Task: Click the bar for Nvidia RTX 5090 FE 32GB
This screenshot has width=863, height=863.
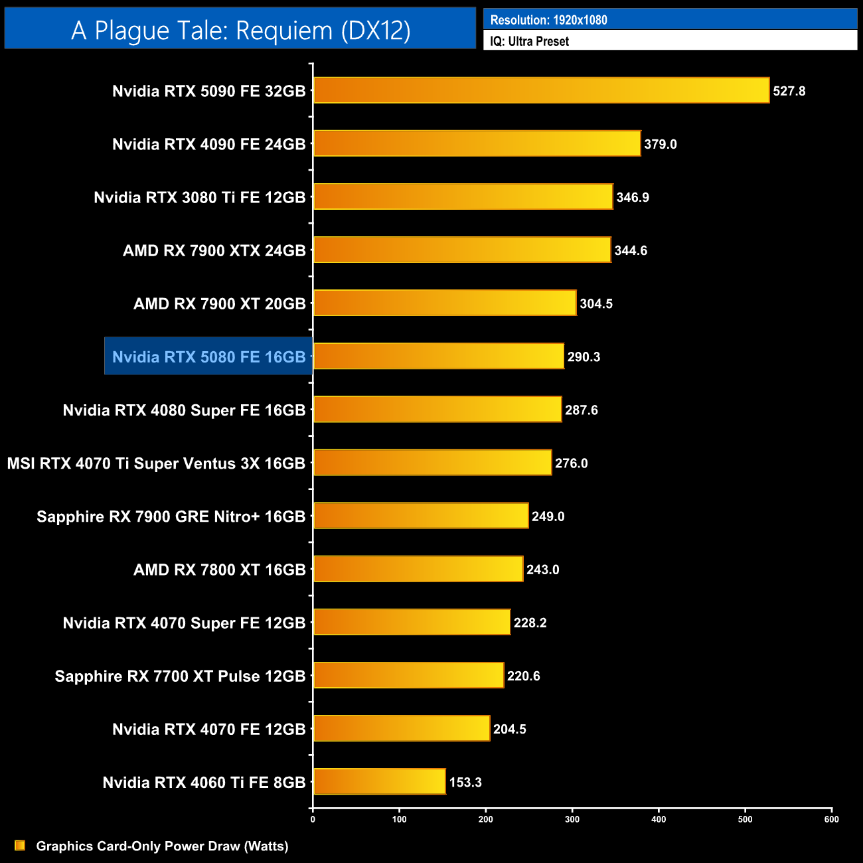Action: point(541,90)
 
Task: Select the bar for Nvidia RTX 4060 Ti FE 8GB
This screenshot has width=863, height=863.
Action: point(379,781)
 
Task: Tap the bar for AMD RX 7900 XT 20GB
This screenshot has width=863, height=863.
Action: point(445,303)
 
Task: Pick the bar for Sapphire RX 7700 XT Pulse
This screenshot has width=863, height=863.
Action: point(408,675)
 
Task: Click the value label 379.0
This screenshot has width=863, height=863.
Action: point(661,144)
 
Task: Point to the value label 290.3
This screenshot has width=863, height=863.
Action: point(584,356)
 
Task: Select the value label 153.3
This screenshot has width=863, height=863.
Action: point(465,782)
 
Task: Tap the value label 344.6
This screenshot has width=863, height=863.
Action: point(631,250)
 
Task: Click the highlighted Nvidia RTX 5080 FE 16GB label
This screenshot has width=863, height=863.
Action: point(208,356)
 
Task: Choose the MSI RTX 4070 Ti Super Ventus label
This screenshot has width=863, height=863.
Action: point(156,463)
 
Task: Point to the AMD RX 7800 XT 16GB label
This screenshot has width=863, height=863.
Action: point(219,570)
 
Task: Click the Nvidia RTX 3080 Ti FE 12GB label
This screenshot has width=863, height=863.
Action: point(199,197)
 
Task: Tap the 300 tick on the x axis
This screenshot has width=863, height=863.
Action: point(572,819)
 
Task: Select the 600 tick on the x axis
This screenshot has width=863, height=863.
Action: point(831,819)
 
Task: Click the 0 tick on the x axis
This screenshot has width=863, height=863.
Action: point(313,819)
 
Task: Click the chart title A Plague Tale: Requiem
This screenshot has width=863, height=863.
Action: point(240,30)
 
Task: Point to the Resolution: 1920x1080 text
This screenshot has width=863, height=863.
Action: point(548,20)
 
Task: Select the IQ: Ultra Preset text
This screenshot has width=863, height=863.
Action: point(529,41)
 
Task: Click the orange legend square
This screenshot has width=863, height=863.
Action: point(20,845)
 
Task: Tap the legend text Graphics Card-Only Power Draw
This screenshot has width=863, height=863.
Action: point(162,846)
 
